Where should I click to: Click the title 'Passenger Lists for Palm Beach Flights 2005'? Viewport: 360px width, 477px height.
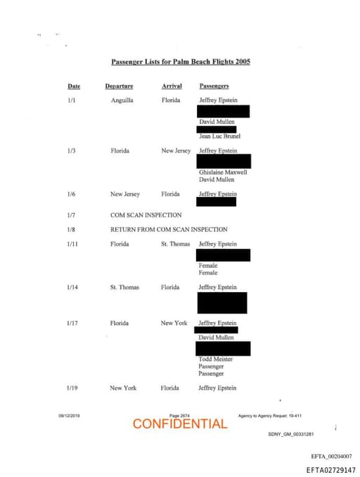pyautogui.click(x=181, y=62)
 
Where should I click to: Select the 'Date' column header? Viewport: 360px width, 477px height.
pyautogui.click(x=74, y=87)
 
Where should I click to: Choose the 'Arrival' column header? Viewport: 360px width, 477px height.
pyautogui.click(x=172, y=87)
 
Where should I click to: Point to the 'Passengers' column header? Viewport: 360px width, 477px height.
pyautogui.click(x=214, y=87)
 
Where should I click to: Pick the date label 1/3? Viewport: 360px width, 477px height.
pyautogui.click(x=71, y=151)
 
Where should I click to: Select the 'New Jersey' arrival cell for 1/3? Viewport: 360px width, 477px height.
pyautogui.click(x=176, y=151)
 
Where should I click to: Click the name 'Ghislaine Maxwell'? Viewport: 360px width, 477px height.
pyautogui.click(x=223, y=172)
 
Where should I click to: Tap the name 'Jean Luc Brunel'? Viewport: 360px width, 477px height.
pyautogui.click(x=219, y=136)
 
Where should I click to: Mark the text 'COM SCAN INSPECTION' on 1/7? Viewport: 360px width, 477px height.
pyautogui.click(x=146, y=215)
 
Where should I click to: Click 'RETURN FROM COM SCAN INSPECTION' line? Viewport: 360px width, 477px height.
pyautogui.click(x=169, y=229)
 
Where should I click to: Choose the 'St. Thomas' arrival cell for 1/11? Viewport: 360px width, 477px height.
pyautogui.click(x=175, y=244)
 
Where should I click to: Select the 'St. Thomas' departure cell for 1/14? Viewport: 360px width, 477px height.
pyautogui.click(x=124, y=288)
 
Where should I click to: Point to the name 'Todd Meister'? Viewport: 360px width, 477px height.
pyautogui.click(x=215, y=360)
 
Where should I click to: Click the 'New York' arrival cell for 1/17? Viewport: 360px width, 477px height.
pyautogui.click(x=174, y=324)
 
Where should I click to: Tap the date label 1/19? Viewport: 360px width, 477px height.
pyautogui.click(x=72, y=388)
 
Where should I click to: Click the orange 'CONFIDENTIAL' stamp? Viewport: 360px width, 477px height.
pyautogui.click(x=180, y=424)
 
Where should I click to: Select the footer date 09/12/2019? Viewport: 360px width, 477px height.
pyautogui.click(x=69, y=416)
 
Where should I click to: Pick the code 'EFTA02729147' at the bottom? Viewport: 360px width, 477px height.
pyautogui.click(x=330, y=470)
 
